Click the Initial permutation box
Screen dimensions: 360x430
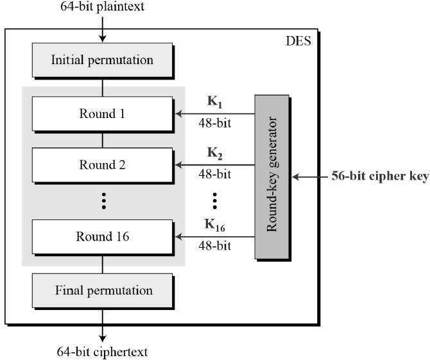click(102, 60)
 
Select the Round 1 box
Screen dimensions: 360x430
click(102, 113)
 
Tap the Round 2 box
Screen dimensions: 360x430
click(102, 164)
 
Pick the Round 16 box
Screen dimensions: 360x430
click(102, 236)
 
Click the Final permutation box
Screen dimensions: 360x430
click(102, 290)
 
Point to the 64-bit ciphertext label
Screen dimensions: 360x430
click(102, 350)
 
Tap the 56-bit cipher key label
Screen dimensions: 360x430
click(379, 176)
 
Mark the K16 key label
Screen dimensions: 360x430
click(215, 225)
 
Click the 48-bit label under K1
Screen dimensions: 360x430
click(215, 123)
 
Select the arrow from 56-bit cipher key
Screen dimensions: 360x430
click(311, 176)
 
